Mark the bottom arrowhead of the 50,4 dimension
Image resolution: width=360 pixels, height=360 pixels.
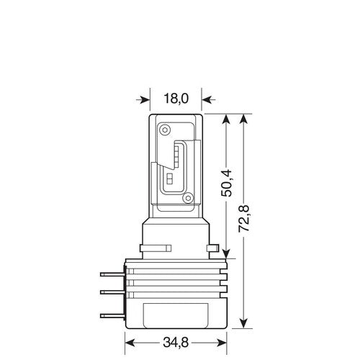pos(229,252)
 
